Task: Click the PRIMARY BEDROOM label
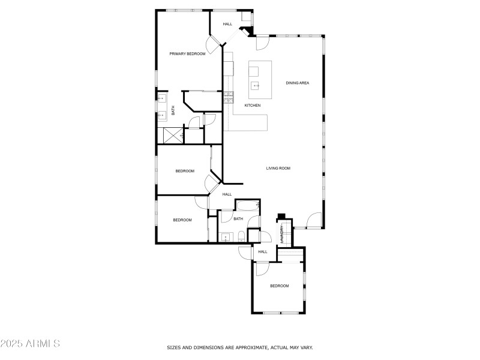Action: tap(187, 54)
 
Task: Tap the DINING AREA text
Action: tap(297, 83)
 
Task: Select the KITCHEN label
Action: tap(252, 106)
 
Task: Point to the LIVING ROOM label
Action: tap(278, 169)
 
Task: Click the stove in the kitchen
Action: tap(228, 97)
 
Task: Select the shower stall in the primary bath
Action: tap(172, 135)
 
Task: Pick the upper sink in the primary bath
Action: tap(162, 98)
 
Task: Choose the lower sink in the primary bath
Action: tap(162, 115)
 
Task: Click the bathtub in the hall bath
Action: tap(247, 207)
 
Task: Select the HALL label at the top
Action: tap(227, 24)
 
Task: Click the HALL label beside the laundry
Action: tap(262, 252)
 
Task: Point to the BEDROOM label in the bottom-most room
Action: tap(279, 286)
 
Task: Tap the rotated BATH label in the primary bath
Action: tap(173, 110)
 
